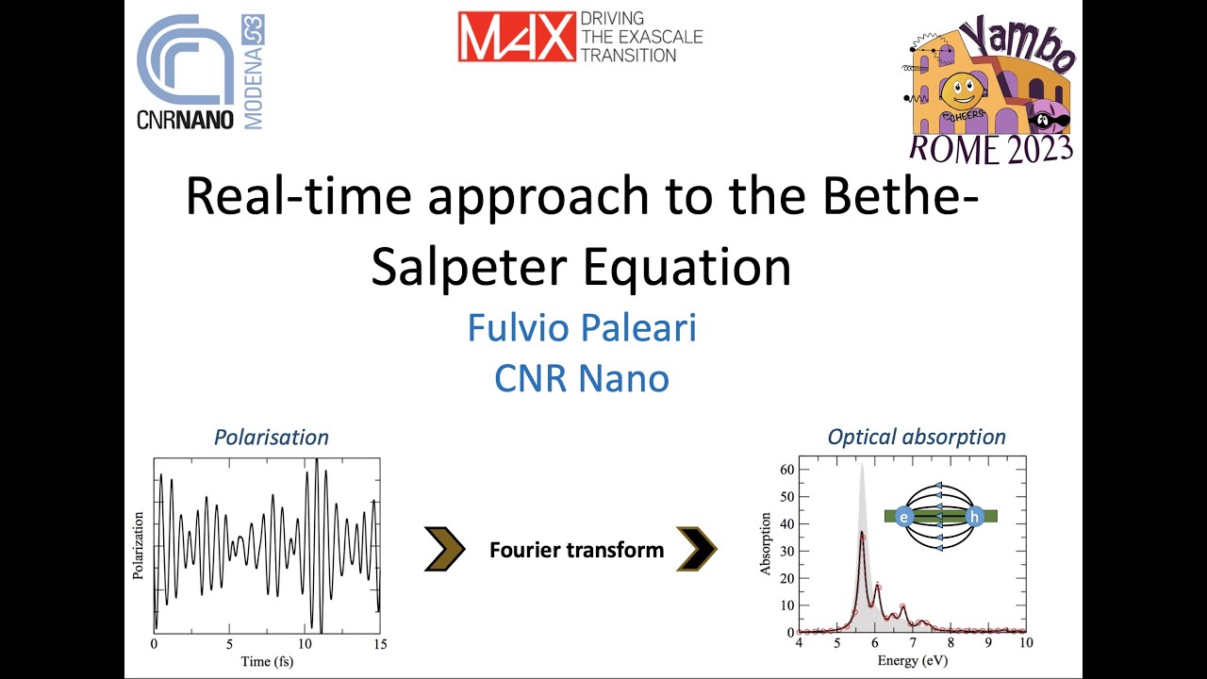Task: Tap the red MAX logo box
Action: click(x=517, y=36)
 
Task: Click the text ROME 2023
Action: click(x=990, y=148)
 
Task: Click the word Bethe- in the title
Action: click(x=883, y=197)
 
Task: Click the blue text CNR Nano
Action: click(x=582, y=378)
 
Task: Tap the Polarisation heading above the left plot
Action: click(x=271, y=437)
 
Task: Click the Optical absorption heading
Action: click(x=917, y=437)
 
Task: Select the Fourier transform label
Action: click(x=576, y=550)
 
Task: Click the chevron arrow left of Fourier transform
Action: click(x=444, y=550)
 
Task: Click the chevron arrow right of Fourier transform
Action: click(x=698, y=550)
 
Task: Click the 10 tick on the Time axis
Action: click(x=304, y=644)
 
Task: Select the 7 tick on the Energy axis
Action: click(x=912, y=642)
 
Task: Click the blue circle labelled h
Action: click(x=975, y=516)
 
